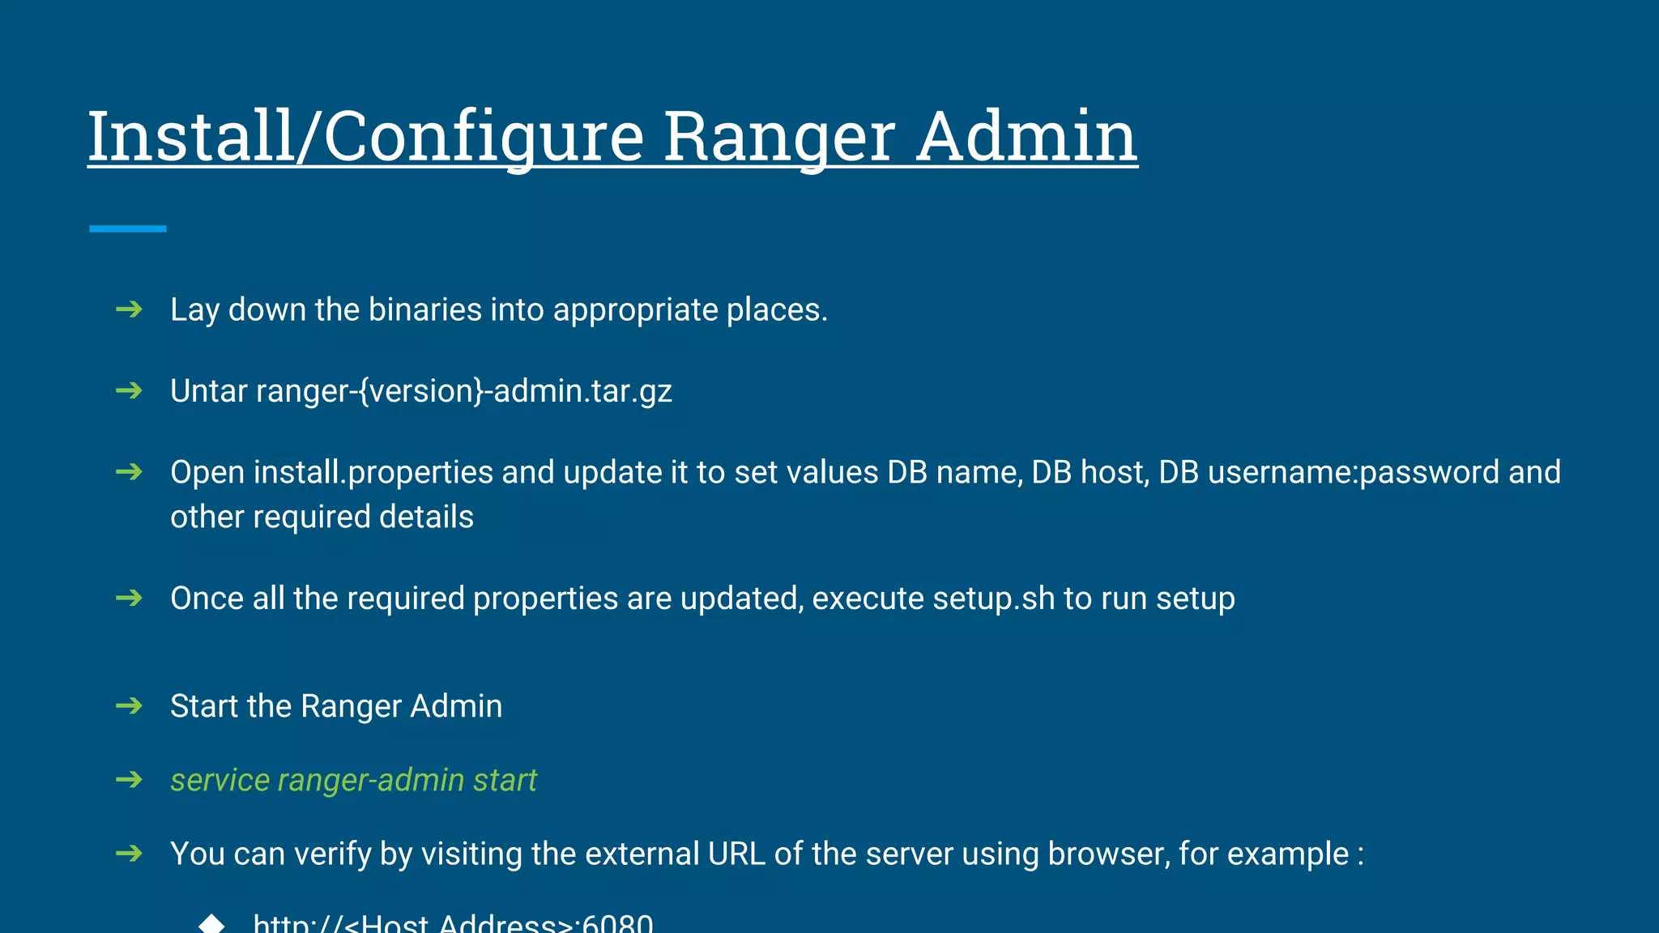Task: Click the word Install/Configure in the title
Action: (365, 136)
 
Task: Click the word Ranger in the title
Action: (779, 136)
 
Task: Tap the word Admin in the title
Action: (1027, 136)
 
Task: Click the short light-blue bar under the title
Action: (128, 229)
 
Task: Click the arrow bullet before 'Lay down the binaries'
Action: (129, 309)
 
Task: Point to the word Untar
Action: (208, 391)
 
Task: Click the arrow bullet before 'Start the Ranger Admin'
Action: (129, 706)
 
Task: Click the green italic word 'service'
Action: (220, 780)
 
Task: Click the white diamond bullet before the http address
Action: (211, 923)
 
